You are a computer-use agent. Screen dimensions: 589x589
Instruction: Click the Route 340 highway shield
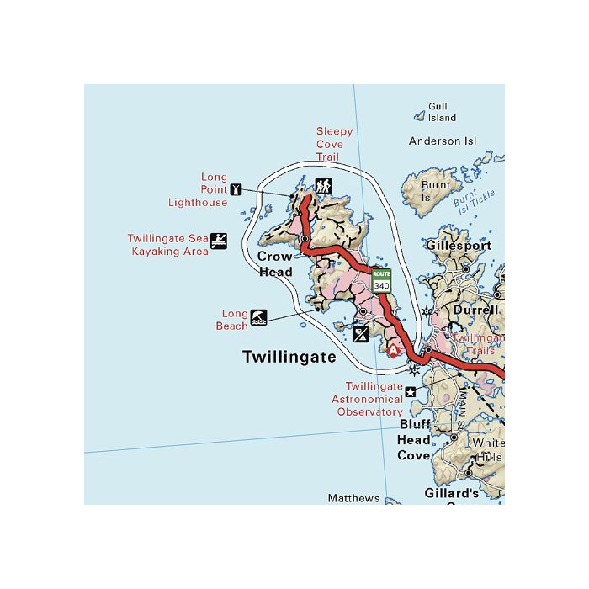[x=382, y=281]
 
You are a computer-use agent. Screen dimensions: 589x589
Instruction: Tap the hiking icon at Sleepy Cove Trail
[x=323, y=185]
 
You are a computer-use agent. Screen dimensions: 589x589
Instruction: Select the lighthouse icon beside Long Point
[x=236, y=189]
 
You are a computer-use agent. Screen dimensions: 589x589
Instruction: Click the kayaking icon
[x=219, y=241]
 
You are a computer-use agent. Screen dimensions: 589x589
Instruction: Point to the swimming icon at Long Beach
[x=258, y=318]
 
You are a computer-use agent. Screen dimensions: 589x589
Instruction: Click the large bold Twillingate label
[x=289, y=357]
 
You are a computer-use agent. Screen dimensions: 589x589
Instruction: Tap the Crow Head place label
[x=275, y=264]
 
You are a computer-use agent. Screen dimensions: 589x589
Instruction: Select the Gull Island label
[x=438, y=112]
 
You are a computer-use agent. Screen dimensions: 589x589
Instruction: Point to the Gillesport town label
[x=459, y=247]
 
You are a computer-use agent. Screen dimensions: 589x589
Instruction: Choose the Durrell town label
[x=470, y=309]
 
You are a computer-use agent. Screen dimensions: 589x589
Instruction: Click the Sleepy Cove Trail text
[x=334, y=144]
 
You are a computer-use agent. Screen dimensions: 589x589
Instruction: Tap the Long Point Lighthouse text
[x=199, y=190]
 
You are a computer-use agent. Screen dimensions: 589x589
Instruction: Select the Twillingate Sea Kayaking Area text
[x=167, y=245]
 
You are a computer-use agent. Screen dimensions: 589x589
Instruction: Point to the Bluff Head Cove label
[x=415, y=440]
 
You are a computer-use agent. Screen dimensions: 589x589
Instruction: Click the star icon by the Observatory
[x=411, y=391]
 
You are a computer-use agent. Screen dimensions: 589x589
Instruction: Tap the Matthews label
[x=353, y=498]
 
